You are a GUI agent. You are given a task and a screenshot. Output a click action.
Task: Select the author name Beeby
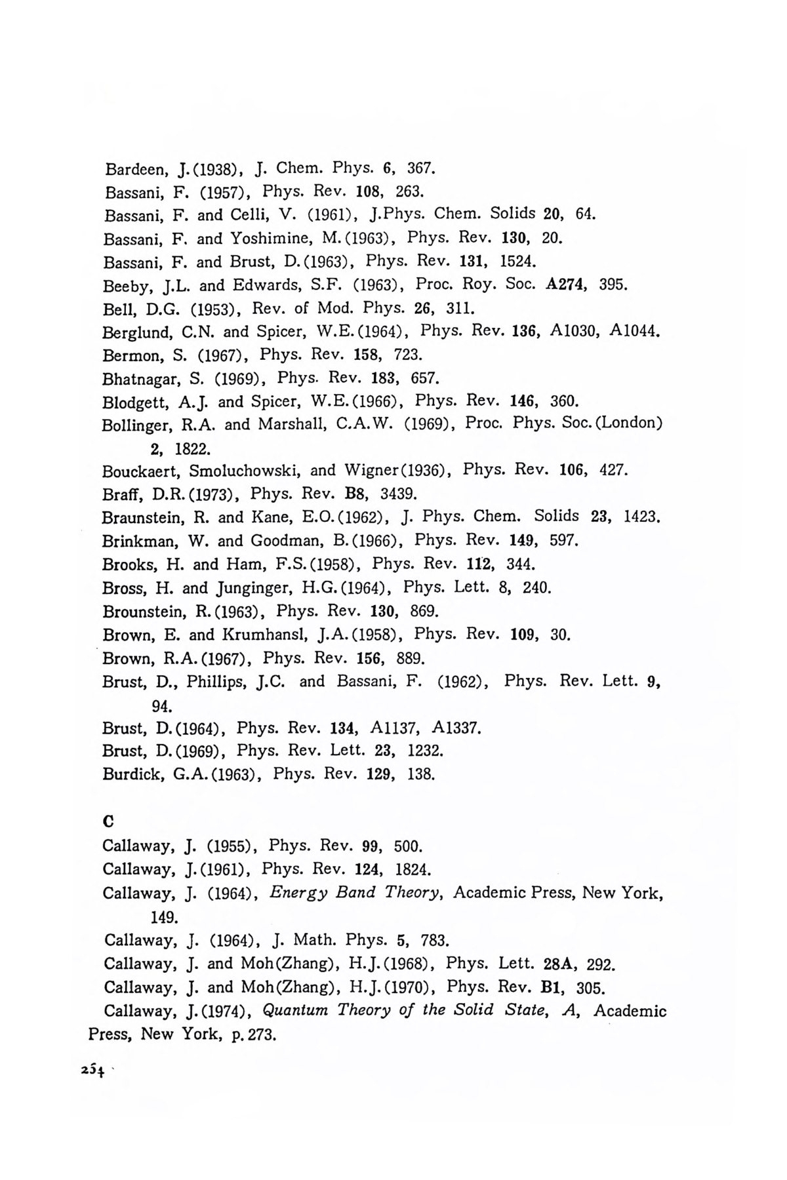(x=125, y=286)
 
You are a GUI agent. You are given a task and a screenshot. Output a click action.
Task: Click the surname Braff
(x=117, y=494)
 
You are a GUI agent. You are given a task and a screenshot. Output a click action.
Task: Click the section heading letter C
(x=108, y=821)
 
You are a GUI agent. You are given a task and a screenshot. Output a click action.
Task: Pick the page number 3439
(x=394, y=494)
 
